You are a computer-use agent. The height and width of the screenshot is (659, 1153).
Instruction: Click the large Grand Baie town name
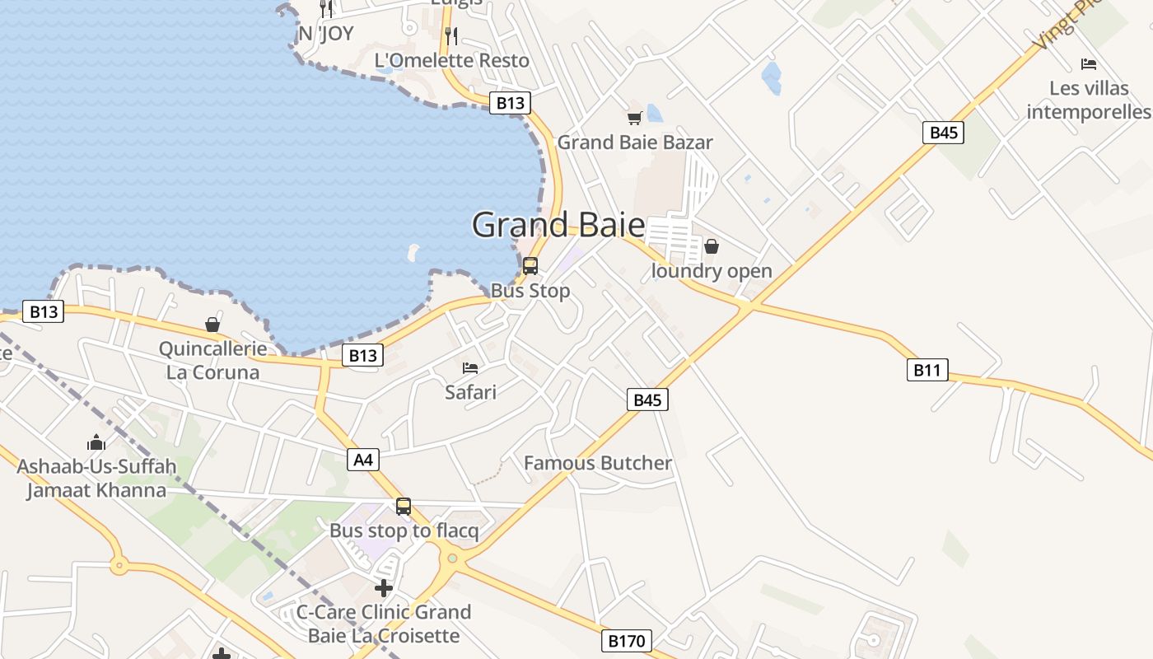[x=558, y=225]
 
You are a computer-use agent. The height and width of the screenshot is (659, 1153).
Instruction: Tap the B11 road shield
[x=927, y=370]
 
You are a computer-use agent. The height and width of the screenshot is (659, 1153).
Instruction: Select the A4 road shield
[x=363, y=460]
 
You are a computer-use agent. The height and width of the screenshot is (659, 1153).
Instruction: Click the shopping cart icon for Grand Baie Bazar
[x=634, y=119]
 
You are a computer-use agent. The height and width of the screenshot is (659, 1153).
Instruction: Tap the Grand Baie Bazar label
[x=635, y=143]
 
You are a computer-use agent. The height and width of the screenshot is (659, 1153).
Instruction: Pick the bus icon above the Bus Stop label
[x=530, y=266]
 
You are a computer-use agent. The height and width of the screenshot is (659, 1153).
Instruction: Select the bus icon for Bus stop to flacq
[x=404, y=507]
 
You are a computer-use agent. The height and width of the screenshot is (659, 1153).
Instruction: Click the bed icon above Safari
[x=470, y=367]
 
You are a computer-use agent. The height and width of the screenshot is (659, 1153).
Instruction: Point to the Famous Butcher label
[x=598, y=463]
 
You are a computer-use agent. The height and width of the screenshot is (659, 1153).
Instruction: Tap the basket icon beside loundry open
[x=712, y=246]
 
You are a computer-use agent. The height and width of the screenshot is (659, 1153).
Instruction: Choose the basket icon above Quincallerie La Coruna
[x=212, y=325]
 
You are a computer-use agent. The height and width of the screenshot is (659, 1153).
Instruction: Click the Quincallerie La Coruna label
[x=212, y=360]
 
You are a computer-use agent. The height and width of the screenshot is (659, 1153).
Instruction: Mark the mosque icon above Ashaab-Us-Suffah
[x=96, y=442]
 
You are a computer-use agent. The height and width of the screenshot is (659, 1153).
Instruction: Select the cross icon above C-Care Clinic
[x=384, y=588]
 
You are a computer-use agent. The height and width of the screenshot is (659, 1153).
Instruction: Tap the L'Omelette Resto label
[x=452, y=60]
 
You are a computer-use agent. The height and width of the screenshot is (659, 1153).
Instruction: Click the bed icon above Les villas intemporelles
[x=1089, y=64]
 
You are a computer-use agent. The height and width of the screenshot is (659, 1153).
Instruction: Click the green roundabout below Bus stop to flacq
[x=452, y=559]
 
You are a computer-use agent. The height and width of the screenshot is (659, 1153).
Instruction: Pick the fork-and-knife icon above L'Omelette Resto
[x=450, y=35]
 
